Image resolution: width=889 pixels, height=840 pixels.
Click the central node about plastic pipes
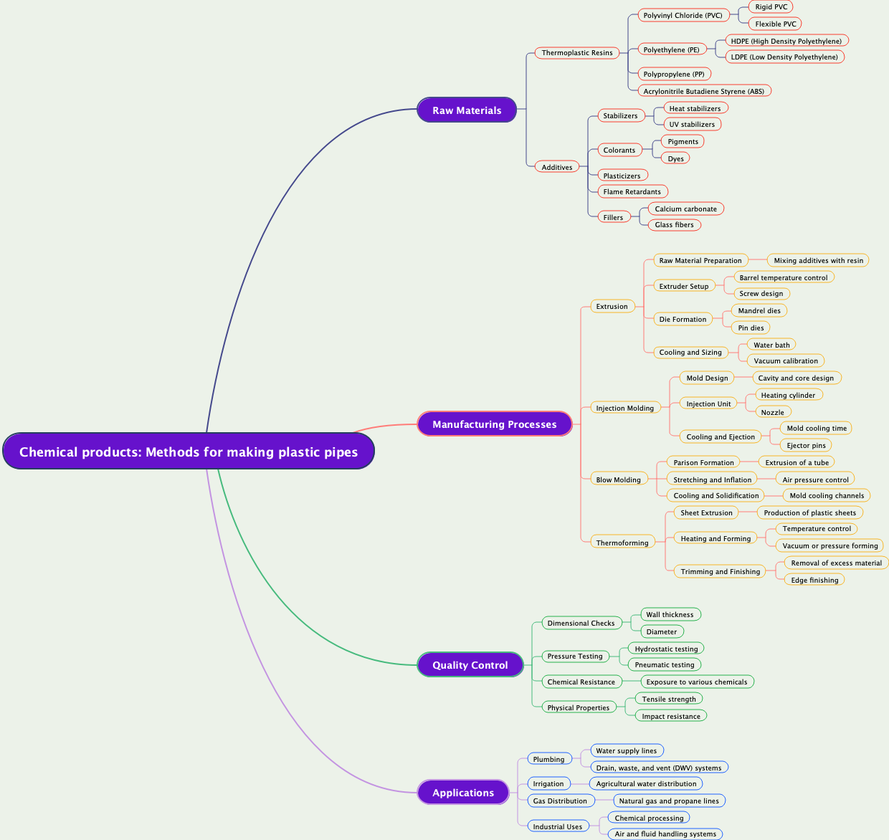tap(189, 452)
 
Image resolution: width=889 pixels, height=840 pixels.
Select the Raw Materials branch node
tap(467, 110)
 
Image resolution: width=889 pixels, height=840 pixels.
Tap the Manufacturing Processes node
tap(494, 424)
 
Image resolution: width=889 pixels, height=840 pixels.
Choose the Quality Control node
tap(470, 665)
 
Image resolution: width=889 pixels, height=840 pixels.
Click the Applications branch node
tap(463, 793)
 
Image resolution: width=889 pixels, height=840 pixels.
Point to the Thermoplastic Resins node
tap(577, 53)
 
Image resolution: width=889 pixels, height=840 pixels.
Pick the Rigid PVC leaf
tap(771, 7)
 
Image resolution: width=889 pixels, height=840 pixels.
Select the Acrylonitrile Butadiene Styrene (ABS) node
tap(703, 91)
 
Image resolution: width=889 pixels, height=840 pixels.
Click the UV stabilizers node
tap(692, 125)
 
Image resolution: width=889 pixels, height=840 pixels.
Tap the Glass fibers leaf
tap(674, 225)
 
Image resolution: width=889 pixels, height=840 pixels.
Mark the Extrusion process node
tap(612, 307)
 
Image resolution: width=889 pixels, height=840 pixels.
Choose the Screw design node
tap(761, 294)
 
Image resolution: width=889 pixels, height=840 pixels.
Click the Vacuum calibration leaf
tap(785, 361)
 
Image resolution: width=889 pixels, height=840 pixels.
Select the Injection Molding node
tap(624, 409)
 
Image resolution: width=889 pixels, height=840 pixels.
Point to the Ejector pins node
tap(806, 446)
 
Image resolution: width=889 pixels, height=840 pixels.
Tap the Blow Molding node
tap(618, 480)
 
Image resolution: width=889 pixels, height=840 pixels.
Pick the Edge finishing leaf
tap(814, 581)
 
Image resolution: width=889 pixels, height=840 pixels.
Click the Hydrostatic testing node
tap(666, 649)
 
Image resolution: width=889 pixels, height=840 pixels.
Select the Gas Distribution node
tap(560, 801)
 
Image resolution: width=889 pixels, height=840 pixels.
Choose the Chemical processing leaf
tap(649, 818)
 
